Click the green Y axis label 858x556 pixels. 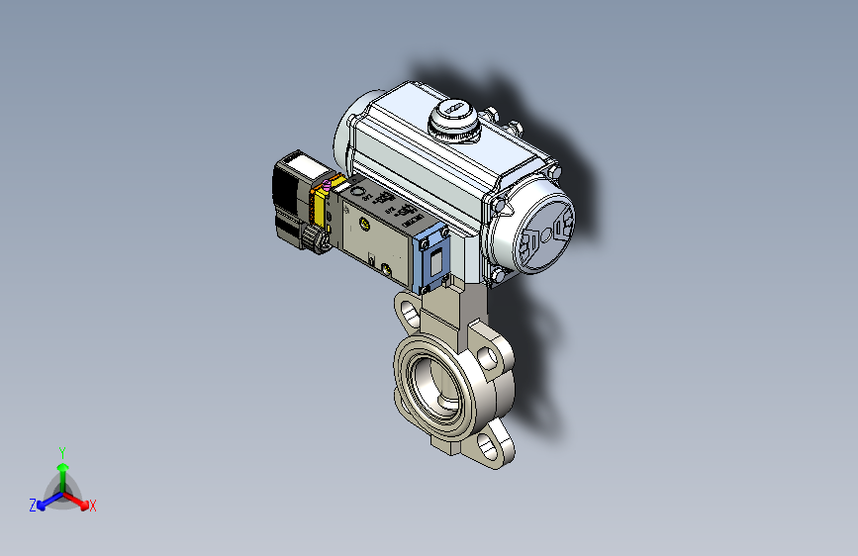pyautogui.click(x=61, y=450)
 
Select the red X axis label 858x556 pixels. pyautogui.click(x=93, y=507)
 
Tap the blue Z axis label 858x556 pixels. pyautogui.click(x=32, y=506)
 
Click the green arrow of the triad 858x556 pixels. pyautogui.click(x=61, y=467)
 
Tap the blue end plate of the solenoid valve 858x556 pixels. pyautogui.click(x=433, y=260)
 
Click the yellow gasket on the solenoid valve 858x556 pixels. pyautogui.click(x=321, y=209)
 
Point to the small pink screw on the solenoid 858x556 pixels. pyautogui.click(x=326, y=185)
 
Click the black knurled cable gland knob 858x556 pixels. pyautogui.click(x=315, y=238)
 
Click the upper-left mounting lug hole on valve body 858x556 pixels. pyautogui.click(x=407, y=314)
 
